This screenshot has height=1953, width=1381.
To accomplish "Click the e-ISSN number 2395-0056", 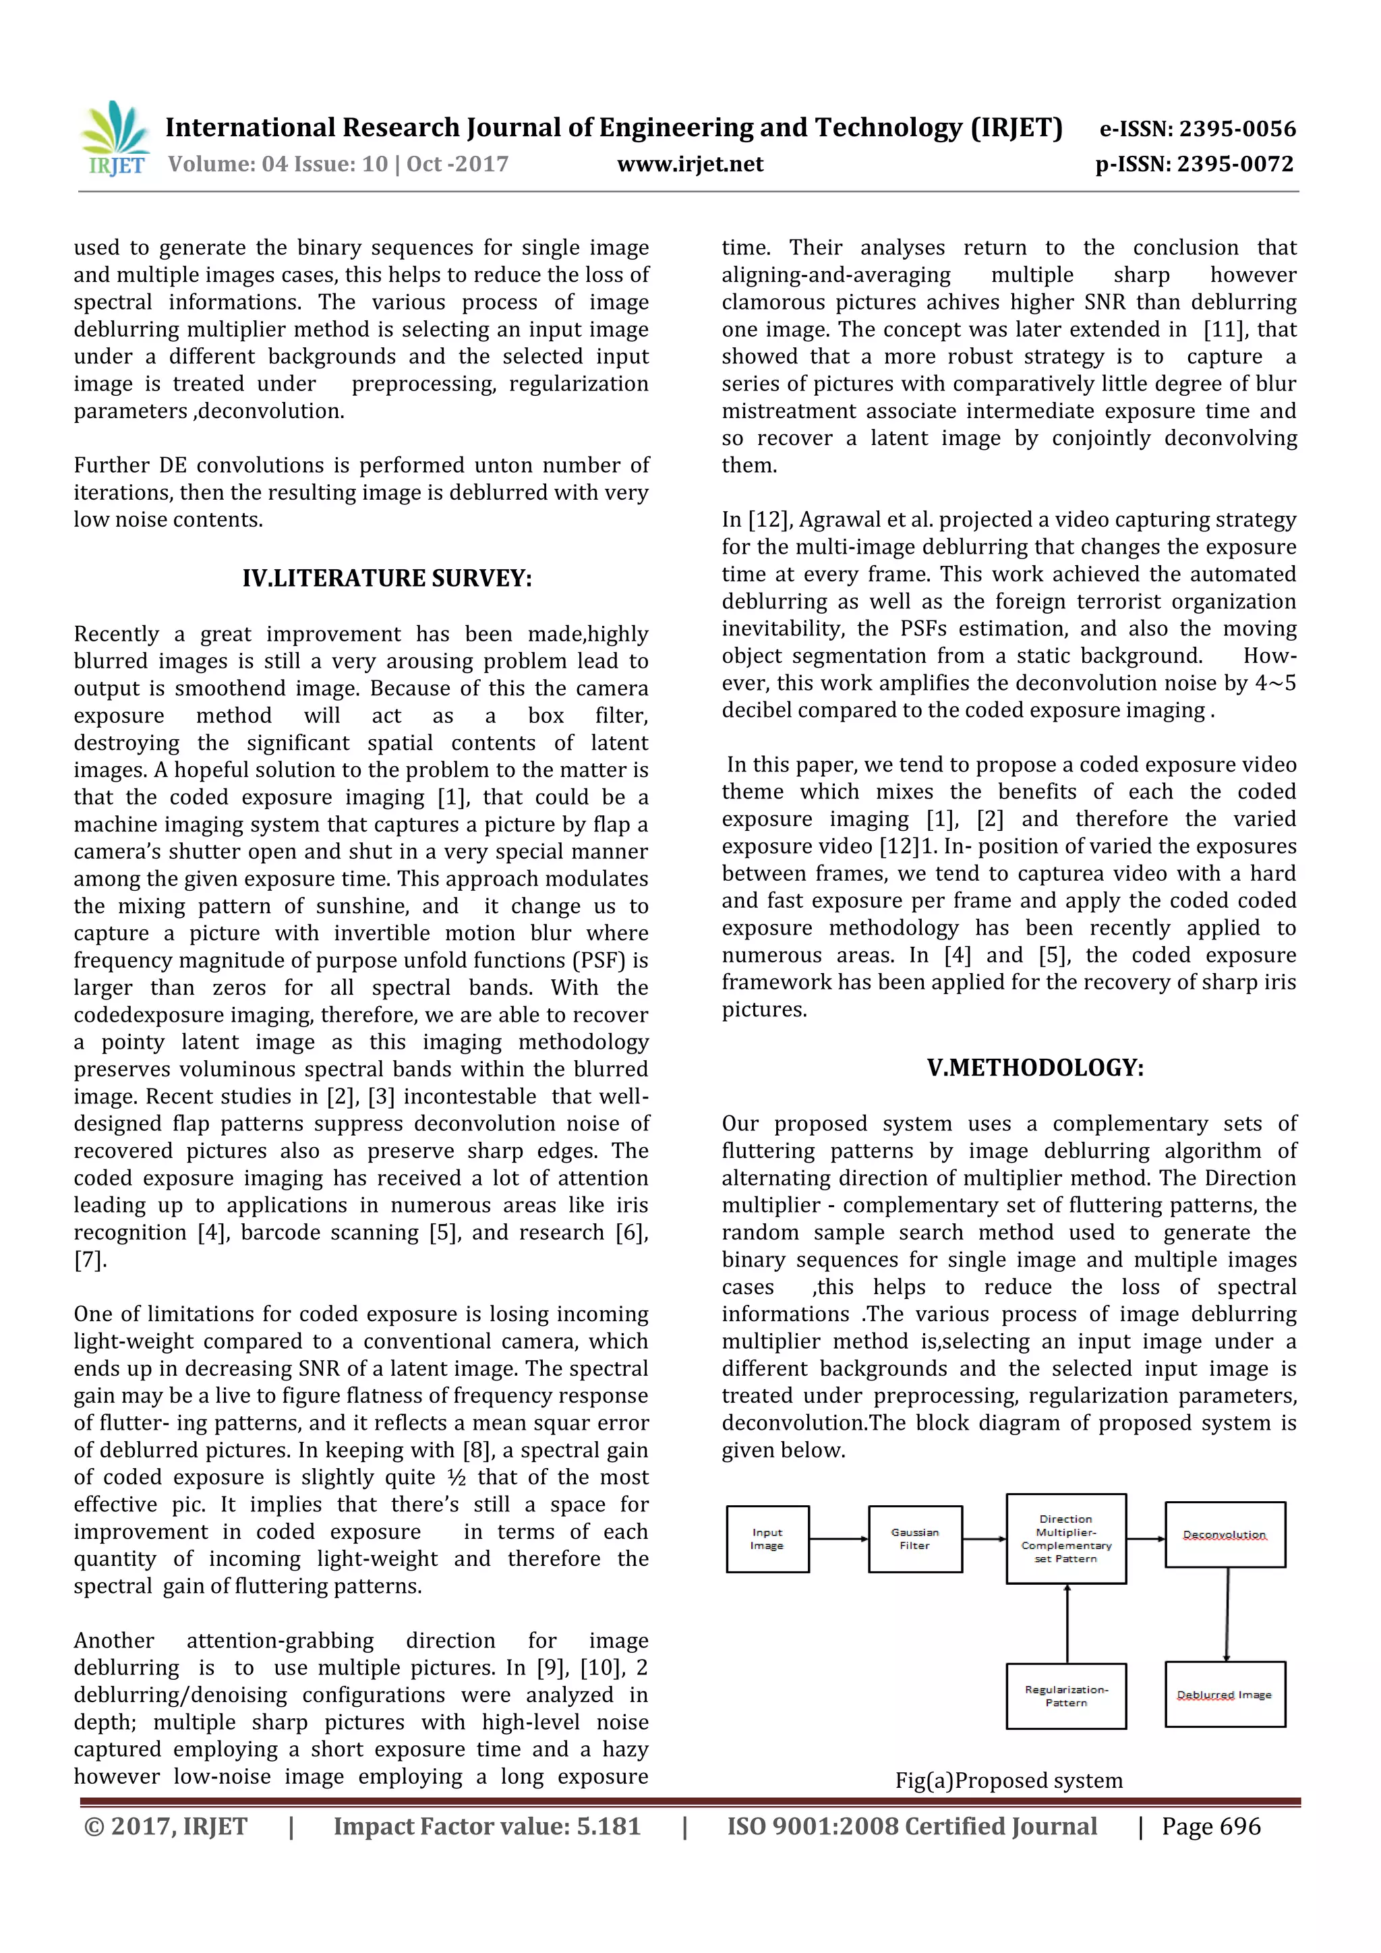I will point(1198,129).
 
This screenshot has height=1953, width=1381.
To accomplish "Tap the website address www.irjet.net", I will point(690,164).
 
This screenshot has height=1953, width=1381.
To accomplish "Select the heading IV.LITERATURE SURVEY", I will point(387,579).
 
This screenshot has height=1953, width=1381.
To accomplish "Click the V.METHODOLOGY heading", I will point(1035,1068).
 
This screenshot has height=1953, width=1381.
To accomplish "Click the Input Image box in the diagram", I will point(766,1539).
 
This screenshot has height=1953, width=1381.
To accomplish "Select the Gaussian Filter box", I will point(915,1539).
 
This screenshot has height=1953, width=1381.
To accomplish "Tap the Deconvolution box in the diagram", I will point(1225,1534).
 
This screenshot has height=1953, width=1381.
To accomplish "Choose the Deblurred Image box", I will point(1225,1695).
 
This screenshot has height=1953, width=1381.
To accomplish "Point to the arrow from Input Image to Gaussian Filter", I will point(838,1539).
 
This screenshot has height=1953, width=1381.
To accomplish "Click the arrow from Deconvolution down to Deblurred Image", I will point(1226,1614).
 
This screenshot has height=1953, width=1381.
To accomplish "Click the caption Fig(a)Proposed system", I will point(1009,1780).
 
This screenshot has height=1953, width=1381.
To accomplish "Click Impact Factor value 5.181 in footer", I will point(486,1826).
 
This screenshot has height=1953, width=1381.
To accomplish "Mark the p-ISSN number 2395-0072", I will point(1194,164).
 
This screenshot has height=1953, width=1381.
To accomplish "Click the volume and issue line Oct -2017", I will point(339,164).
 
